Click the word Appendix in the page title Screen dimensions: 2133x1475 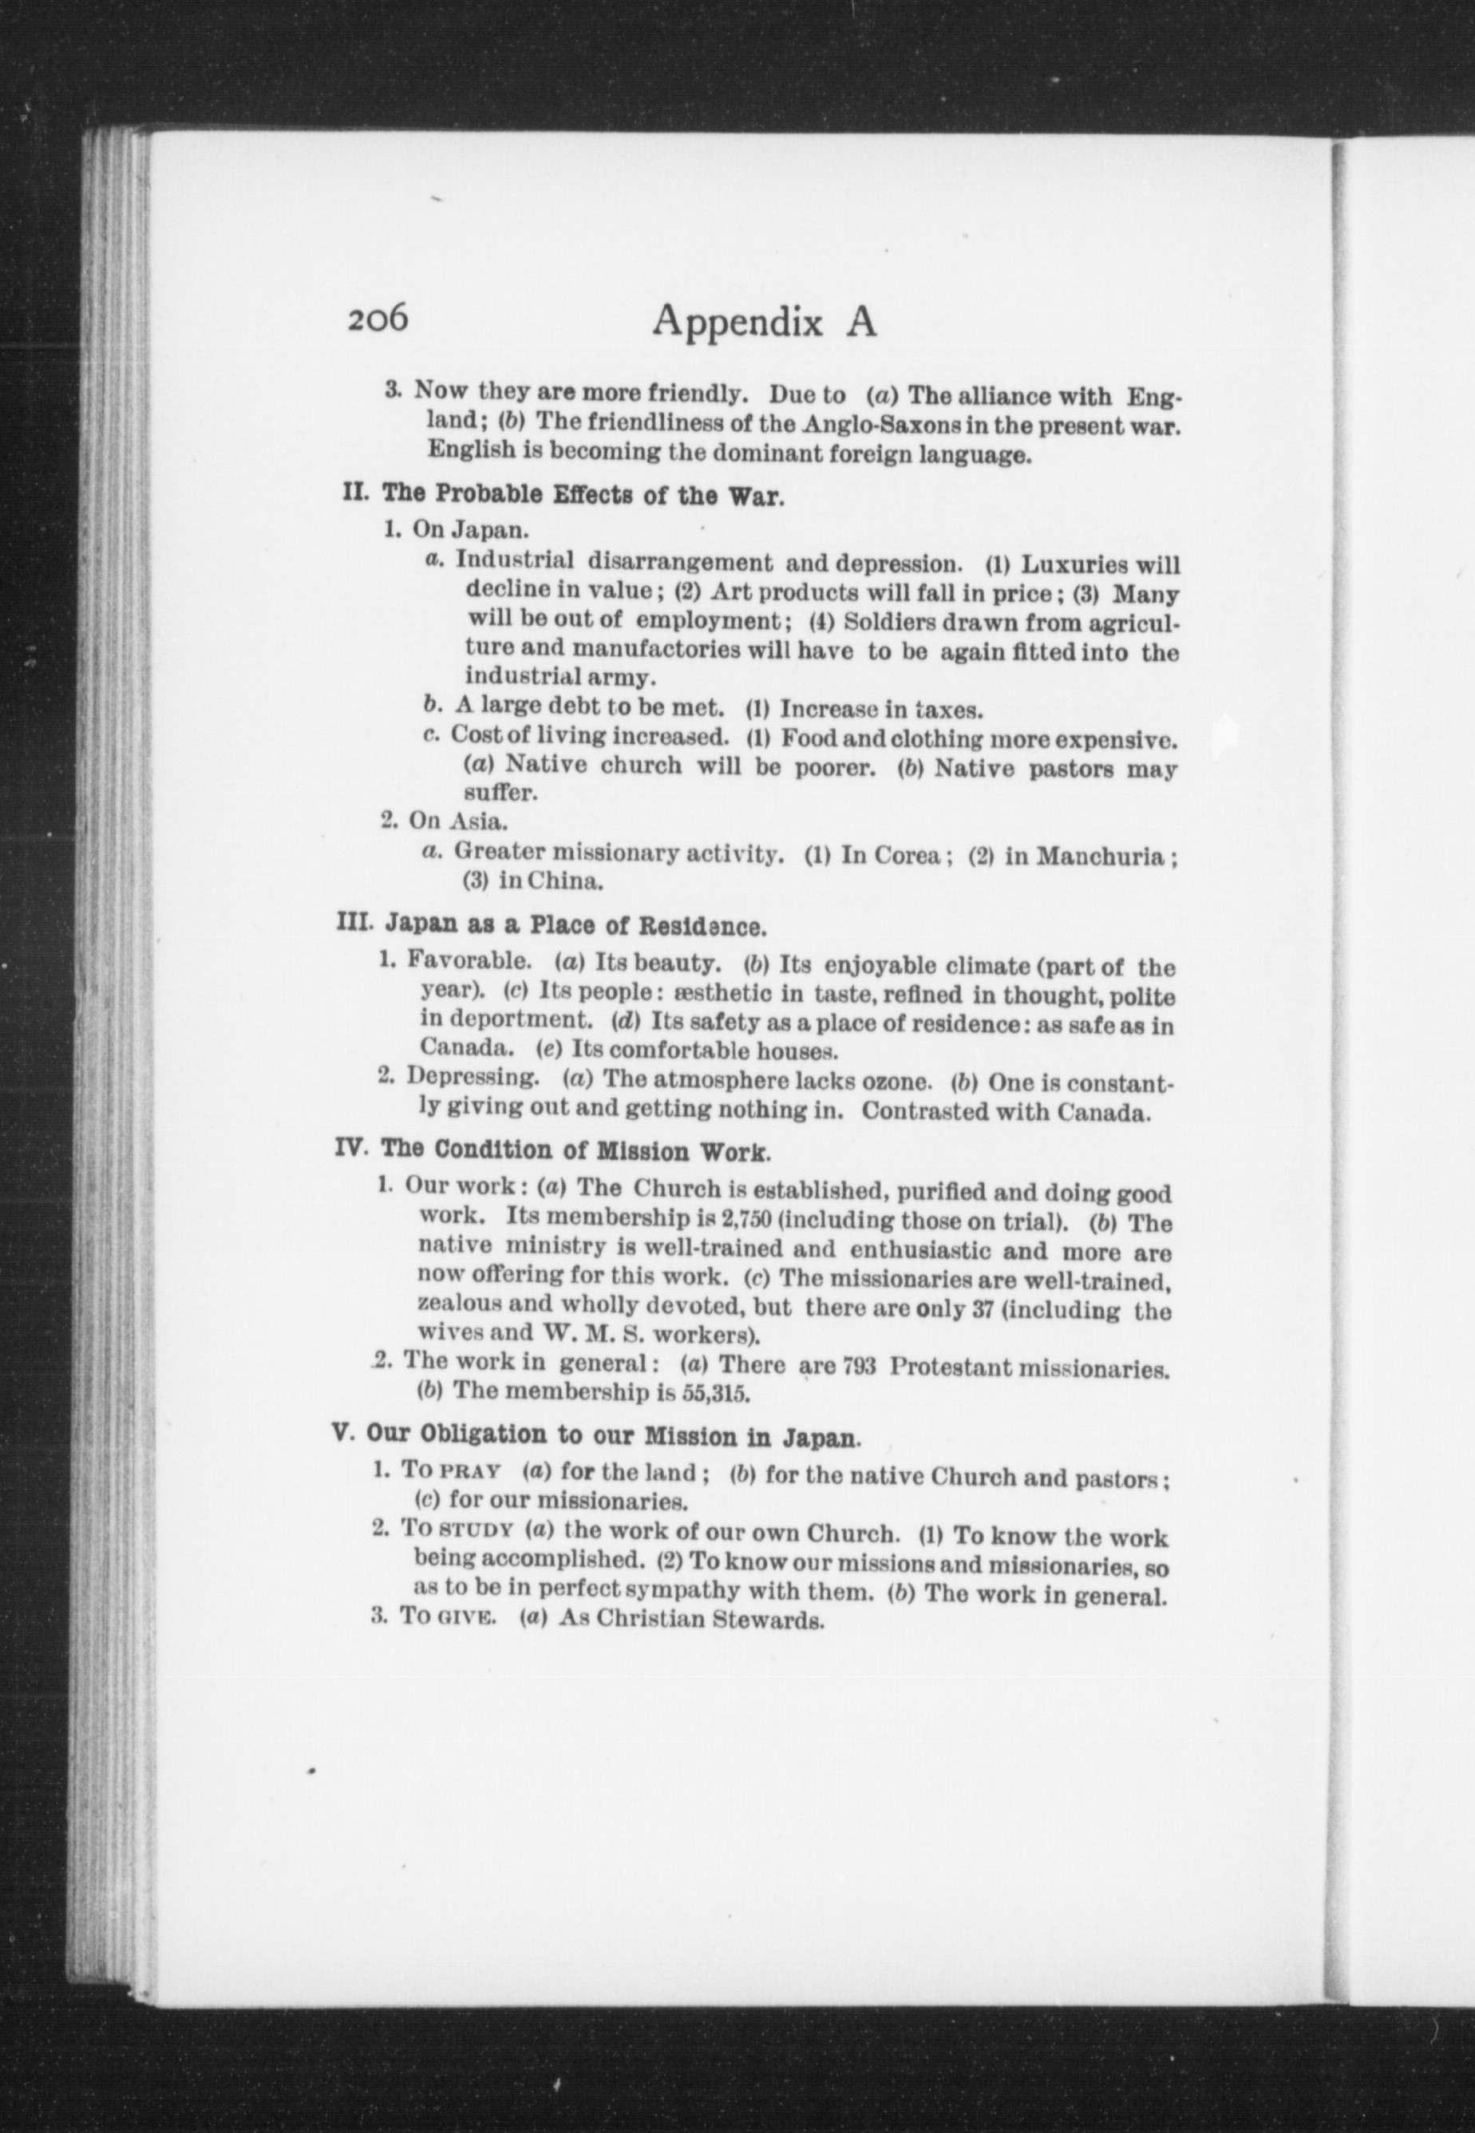(x=737, y=323)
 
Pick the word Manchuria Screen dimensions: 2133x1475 (x=1099, y=856)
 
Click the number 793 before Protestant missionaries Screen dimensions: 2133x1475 (x=860, y=1367)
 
